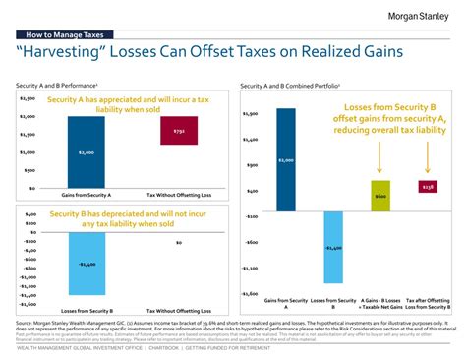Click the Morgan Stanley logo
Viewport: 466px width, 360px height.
pos(411,17)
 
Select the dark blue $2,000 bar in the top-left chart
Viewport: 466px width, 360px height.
pos(87,151)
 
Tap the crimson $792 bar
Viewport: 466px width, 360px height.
pos(178,131)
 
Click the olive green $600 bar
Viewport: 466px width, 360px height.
pos(380,196)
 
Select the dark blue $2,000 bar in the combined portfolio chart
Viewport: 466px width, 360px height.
pos(286,159)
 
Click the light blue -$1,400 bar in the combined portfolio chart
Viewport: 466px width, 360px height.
pos(333,248)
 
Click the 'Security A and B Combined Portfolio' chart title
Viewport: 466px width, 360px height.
pos(289,87)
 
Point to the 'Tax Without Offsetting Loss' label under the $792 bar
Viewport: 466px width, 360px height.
pos(179,196)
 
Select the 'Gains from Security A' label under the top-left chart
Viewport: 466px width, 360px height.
pos(87,196)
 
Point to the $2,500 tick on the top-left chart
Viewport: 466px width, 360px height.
pos(27,98)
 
